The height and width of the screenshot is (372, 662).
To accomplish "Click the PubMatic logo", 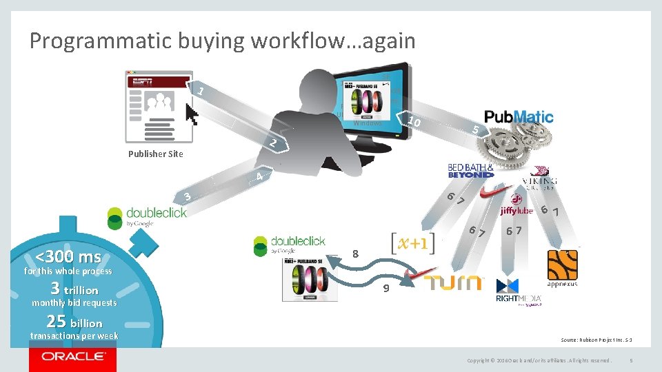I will [519, 116].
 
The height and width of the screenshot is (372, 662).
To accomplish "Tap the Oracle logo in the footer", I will [72, 358].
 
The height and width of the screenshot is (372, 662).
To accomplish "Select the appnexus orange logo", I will [562, 269].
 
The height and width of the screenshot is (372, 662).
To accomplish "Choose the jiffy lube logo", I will [517, 210].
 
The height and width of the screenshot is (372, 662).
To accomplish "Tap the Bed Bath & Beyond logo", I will [471, 170].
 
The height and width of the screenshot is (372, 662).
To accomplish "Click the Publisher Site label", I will [156, 154].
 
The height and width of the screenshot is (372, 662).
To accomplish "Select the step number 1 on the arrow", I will [200, 92].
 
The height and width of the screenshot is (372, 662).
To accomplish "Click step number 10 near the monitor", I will [414, 123].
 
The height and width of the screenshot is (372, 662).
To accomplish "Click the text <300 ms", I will [68, 258].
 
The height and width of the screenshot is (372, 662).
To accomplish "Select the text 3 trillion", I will [74, 289].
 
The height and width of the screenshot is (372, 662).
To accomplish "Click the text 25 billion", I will [74, 322].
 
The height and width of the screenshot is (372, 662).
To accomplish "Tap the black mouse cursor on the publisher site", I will [191, 114].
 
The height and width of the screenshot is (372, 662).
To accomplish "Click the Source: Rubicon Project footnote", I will [596, 340].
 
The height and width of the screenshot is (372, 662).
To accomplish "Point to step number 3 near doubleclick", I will [188, 198].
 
